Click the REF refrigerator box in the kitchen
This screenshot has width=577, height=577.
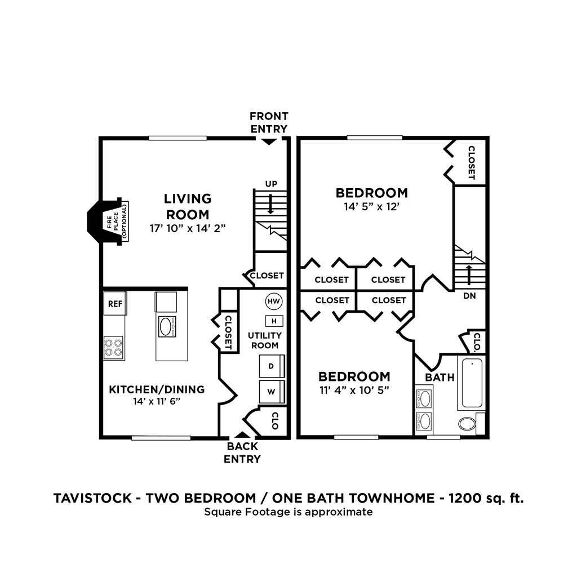115,303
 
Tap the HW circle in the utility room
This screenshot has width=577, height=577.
274,301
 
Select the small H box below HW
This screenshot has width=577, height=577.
274,321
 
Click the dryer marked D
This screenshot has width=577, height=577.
272,366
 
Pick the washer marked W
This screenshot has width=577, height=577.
272,392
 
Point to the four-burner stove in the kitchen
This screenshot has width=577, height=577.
113,348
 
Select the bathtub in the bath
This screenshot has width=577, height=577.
472,383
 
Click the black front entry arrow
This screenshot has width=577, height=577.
269,141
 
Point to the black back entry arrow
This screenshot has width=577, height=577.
242,435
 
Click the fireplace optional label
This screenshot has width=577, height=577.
117,221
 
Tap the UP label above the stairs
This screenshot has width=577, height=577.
271,184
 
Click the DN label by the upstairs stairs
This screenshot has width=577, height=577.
469,295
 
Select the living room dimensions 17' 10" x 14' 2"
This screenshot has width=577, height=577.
187,229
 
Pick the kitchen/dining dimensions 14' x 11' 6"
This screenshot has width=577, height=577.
157,401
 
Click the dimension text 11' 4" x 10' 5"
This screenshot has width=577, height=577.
354,390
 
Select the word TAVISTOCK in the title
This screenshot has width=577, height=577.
92,498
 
